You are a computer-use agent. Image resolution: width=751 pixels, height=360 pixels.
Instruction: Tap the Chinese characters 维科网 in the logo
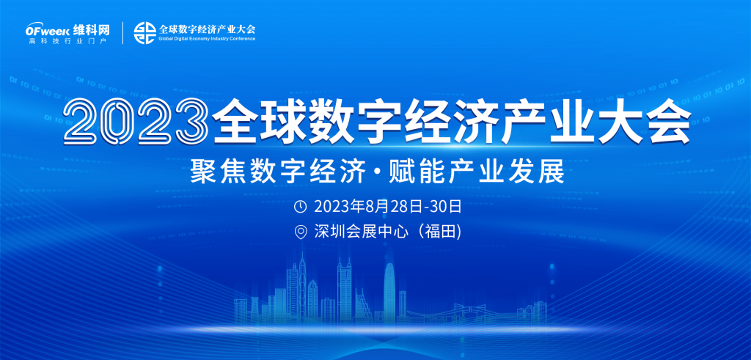(x=92, y=30)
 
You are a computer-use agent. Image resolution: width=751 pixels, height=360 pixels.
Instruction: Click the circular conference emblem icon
(x=144, y=32)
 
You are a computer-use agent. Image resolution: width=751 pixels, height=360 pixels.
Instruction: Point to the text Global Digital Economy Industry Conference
(x=206, y=39)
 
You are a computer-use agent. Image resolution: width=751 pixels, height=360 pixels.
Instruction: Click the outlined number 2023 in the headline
(x=136, y=121)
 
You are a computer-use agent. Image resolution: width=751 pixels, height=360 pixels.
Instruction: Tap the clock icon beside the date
(x=300, y=206)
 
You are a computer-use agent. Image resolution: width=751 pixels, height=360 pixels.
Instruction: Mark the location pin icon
(x=300, y=232)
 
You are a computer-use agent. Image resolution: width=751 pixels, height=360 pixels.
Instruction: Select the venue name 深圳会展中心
(x=361, y=232)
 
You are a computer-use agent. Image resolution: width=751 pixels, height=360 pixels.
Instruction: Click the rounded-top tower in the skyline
(x=389, y=292)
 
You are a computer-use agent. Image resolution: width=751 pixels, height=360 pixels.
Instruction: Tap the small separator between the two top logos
(x=123, y=33)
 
